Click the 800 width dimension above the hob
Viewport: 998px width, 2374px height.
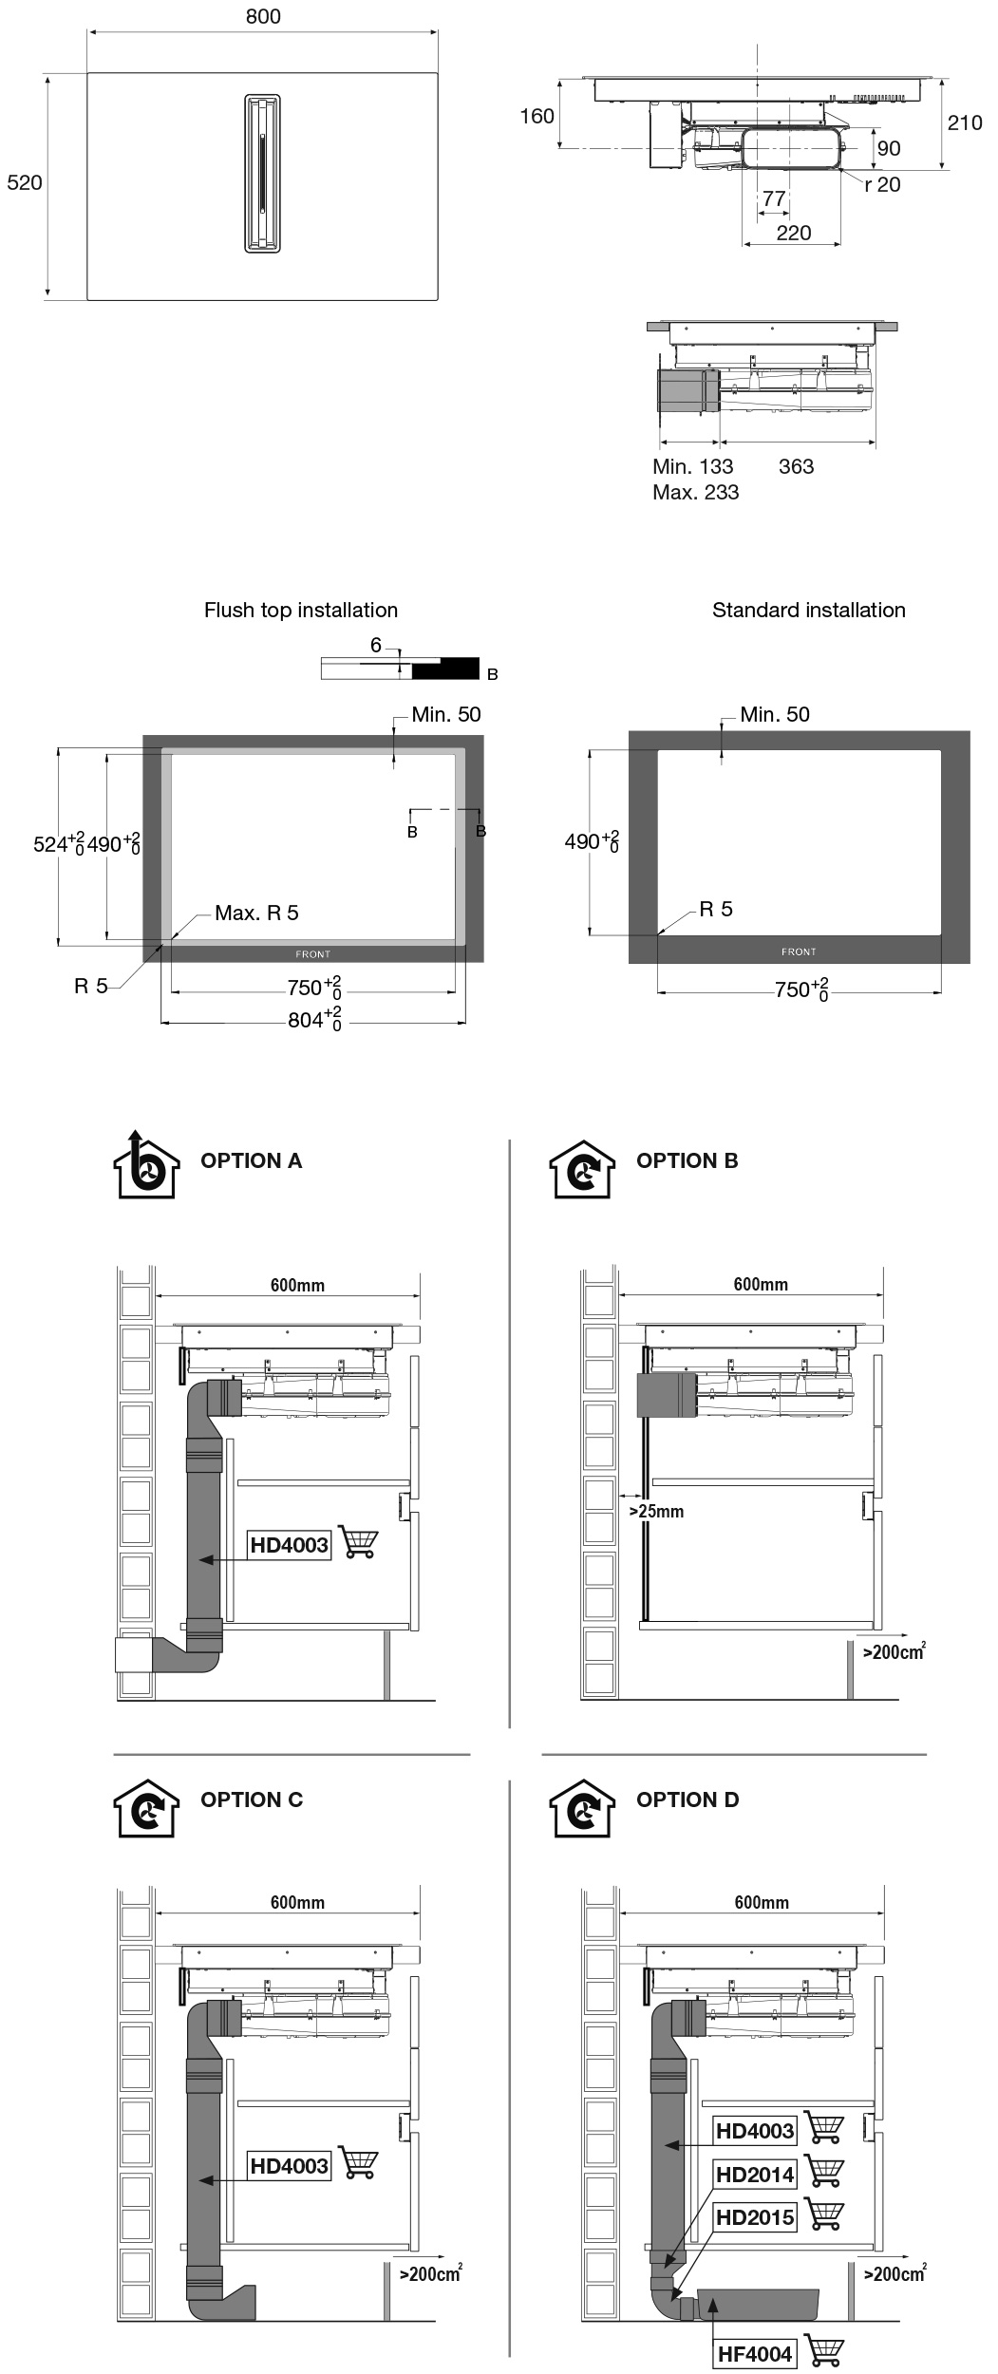pos(263,17)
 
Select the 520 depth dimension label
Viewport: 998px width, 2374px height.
pos(25,182)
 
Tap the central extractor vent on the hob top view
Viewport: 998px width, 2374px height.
pos(262,173)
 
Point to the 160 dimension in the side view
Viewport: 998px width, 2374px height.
pos(537,116)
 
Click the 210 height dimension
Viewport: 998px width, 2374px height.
pos(965,122)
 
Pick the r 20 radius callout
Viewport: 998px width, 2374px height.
pos(882,184)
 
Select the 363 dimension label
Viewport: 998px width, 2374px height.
pos(796,466)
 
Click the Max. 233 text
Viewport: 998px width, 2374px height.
pos(695,492)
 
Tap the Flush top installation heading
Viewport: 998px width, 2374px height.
pos(301,610)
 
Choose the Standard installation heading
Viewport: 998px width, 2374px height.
pos(809,610)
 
